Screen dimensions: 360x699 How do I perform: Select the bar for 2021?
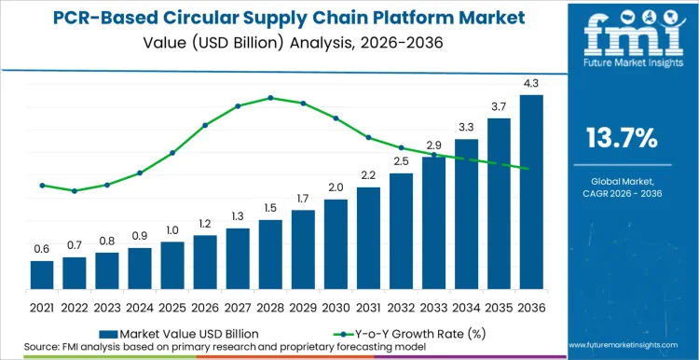point(42,274)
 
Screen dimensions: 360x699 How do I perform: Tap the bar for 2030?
point(336,243)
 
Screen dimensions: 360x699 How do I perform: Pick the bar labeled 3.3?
point(466,214)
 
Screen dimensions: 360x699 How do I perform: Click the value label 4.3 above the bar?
point(531,85)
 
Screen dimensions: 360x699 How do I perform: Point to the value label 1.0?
point(172,230)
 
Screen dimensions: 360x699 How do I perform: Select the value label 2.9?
point(433,145)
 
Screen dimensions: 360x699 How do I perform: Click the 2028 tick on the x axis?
point(270,305)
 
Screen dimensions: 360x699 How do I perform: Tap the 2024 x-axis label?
point(140,305)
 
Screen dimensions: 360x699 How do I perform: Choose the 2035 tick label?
point(499,305)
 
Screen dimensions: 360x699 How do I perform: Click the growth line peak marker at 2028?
point(270,97)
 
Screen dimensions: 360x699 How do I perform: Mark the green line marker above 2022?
point(75,190)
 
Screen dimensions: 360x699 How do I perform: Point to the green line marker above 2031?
point(368,137)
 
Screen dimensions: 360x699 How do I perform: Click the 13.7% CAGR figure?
point(622,139)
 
